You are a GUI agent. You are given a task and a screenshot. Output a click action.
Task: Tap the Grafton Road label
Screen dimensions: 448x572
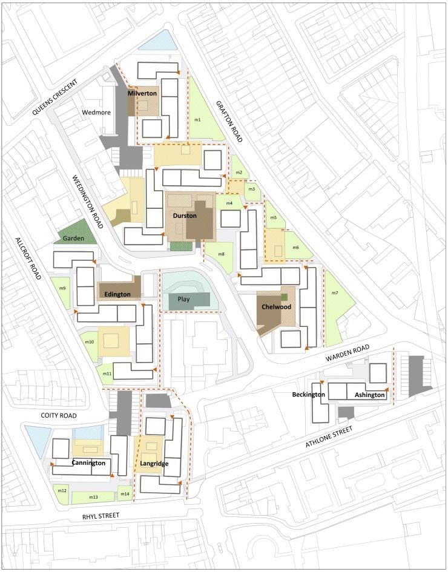[x=229, y=122]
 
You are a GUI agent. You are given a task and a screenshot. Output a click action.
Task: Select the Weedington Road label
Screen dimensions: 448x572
[x=88, y=202]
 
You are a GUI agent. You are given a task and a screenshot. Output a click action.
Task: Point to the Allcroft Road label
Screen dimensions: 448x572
[x=28, y=258]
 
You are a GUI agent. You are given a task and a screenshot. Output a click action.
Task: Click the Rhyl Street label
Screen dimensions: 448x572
[x=100, y=516]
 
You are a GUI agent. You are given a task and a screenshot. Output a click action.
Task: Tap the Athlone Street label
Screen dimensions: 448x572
[x=329, y=437]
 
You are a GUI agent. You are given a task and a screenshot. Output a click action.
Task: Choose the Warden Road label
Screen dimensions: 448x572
[x=348, y=353]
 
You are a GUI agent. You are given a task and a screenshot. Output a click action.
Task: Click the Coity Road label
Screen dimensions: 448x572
[x=59, y=415]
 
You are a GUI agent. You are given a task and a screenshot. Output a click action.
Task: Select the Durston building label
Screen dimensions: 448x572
[x=185, y=215]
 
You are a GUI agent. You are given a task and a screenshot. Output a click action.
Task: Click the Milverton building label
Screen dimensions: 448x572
[x=142, y=93]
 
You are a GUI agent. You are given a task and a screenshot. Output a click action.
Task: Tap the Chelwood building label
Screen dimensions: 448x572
[x=276, y=307]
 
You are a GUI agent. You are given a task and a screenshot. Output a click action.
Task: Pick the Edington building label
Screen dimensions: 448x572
[x=117, y=294]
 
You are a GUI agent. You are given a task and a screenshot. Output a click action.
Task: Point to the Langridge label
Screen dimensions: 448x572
[x=154, y=464]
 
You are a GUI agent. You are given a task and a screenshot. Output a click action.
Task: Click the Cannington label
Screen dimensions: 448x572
[x=88, y=463]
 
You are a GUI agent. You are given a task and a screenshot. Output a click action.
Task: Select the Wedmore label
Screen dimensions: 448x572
[x=96, y=113]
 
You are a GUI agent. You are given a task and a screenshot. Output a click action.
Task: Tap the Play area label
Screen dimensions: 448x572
[x=183, y=299]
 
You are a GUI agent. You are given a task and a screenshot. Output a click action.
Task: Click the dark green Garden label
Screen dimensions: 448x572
[x=73, y=238]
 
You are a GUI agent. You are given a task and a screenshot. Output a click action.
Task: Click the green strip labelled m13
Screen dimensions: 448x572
[x=93, y=497]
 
